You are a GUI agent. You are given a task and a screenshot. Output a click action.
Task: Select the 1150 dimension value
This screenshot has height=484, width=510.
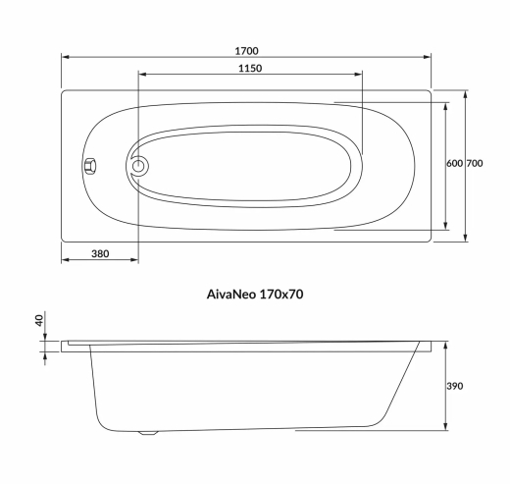pyautogui.click(x=248, y=68)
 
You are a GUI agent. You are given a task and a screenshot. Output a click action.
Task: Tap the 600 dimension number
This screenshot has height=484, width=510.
pyautogui.click(x=453, y=164)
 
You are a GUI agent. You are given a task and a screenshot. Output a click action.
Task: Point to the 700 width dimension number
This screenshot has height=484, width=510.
pyautogui.click(x=475, y=164)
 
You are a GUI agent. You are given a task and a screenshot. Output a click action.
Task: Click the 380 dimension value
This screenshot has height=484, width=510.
pyautogui.click(x=99, y=253)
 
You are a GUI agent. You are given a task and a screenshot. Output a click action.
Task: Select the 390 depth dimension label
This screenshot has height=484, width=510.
pyautogui.click(x=454, y=387)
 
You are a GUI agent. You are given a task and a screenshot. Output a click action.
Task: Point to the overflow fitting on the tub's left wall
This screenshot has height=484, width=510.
pyautogui.click(x=89, y=166)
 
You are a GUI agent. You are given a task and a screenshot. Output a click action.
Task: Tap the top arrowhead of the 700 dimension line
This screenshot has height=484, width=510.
pyautogui.click(x=465, y=95)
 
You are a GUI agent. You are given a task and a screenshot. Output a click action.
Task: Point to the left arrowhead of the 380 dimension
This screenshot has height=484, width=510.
pyautogui.click(x=66, y=262)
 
